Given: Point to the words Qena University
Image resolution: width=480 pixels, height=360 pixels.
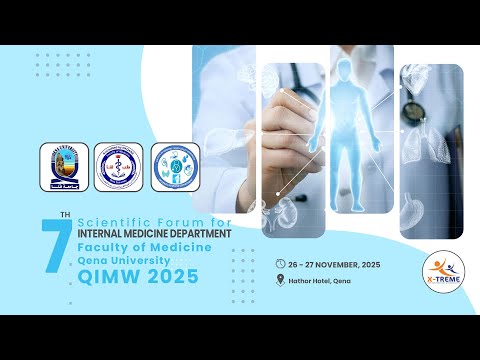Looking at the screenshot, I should click(x=111, y=258).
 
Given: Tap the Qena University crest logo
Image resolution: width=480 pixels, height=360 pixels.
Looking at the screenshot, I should click(x=63, y=167).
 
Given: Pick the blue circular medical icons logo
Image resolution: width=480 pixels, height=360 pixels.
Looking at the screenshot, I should click(x=175, y=167).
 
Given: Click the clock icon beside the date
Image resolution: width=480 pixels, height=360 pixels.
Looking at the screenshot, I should click(x=280, y=263).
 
